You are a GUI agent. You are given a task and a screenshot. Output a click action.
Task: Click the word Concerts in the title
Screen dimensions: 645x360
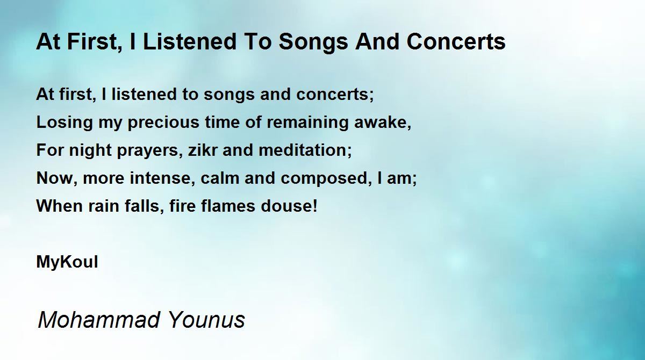click(456, 41)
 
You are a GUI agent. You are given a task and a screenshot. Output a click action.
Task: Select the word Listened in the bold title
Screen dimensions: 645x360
click(189, 41)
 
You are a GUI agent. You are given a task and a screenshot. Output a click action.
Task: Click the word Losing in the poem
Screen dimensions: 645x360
click(64, 123)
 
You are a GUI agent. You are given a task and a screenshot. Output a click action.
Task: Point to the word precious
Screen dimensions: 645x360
click(163, 123)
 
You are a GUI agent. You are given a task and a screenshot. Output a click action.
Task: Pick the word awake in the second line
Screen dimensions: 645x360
click(381, 122)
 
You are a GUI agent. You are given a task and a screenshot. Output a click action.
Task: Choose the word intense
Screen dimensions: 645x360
click(160, 178)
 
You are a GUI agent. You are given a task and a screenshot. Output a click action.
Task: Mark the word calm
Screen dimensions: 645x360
click(220, 178)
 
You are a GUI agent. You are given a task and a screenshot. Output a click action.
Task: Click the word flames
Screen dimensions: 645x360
click(228, 206)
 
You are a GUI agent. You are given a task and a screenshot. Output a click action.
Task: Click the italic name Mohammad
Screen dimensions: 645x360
click(99, 319)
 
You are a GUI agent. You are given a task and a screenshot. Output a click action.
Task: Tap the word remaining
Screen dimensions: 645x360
click(307, 123)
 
